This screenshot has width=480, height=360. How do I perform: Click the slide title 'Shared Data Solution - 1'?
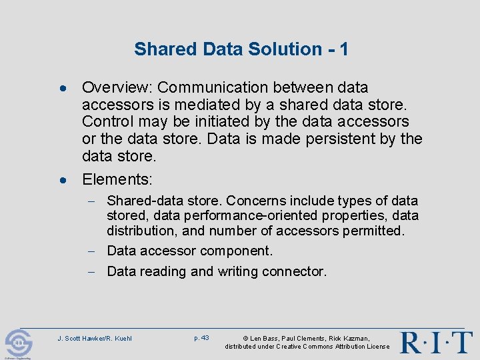tap(241, 49)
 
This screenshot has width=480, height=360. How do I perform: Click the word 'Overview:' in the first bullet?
tap(117, 87)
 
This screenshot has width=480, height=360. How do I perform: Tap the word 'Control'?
tap(106, 122)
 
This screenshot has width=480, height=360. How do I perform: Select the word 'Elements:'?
tap(117, 179)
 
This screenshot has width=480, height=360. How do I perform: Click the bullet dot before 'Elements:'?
tap(61, 180)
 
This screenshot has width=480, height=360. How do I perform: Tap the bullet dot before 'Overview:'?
tap(61, 88)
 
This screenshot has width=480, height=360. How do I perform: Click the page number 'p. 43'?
tap(201, 338)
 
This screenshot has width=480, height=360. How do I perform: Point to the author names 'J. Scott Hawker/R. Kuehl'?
tap(95, 339)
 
